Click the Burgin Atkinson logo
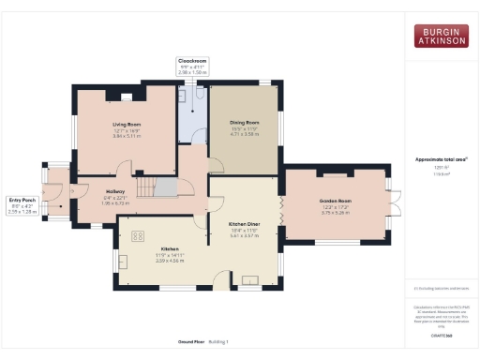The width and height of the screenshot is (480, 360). pyautogui.click(x=441, y=36)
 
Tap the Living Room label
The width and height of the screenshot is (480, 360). pyautogui.click(x=127, y=123)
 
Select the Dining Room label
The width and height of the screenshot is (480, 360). pyautogui.click(x=244, y=122)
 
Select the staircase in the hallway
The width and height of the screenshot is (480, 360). pyautogui.click(x=155, y=187)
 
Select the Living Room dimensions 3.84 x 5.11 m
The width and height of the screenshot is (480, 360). pyautogui.click(x=127, y=136)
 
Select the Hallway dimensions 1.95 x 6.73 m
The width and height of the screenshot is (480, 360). pyautogui.click(x=101, y=202)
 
